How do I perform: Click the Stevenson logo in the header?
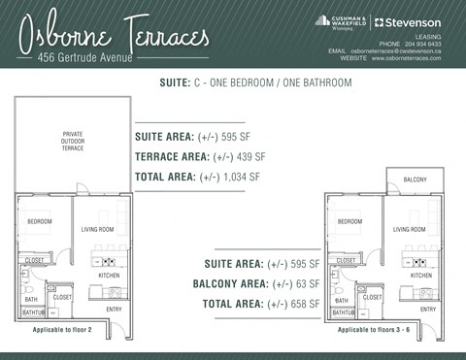[x=408, y=21]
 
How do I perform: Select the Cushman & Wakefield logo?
[x=338, y=21]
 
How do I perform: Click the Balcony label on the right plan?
[x=416, y=180]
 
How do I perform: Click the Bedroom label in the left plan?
[x=40, y=221]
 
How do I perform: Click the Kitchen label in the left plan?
[x=110, y=276]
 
